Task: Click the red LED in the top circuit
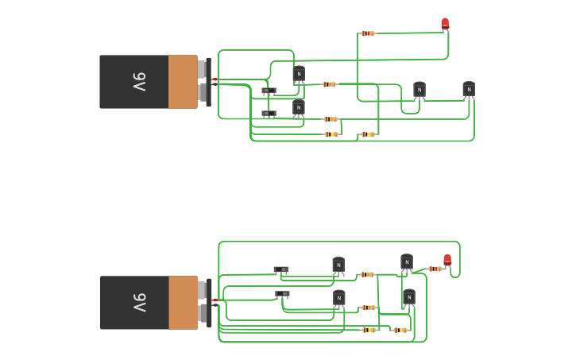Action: [x=445, y=24]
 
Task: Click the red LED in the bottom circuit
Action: [x=447, y=260]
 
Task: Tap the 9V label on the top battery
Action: [x=138, y=82]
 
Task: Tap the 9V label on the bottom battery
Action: [x=138, y=303]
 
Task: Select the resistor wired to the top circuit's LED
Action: [x=367, y=33]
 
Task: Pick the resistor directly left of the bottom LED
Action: [x=435, y=269]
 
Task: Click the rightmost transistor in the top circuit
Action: [x=469, y=89]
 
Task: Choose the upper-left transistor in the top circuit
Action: [x=298, y=75]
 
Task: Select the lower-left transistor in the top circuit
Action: [x=298, y=107]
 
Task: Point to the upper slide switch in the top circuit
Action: [x=269, y=91]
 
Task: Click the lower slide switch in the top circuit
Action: [x=269, y=114]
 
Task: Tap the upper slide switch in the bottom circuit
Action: [x=280, y=270]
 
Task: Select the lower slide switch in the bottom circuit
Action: [x=282, y=294]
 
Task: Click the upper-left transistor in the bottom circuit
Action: [x=338, y=265]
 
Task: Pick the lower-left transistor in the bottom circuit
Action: [x=339, y=299]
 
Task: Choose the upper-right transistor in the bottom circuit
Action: [x=407, y=262]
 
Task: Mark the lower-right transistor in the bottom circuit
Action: [x=408, y=298]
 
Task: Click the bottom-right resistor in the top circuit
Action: [x=367, y=134]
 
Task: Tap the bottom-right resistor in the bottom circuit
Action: [x=400, y=330]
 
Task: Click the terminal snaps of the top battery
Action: [x=203, y=81]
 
